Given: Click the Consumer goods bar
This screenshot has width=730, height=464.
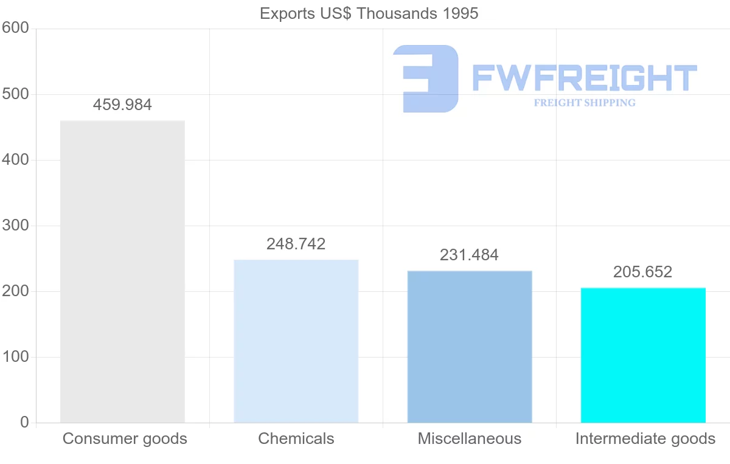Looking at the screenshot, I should click(122, 271).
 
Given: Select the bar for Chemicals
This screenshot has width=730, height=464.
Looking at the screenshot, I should click(296, 341).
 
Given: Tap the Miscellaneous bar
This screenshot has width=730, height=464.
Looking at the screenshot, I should click(469, 346).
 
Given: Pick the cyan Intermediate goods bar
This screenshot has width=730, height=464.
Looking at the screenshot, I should click(643, 355).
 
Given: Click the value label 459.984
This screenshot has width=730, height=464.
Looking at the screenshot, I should click(122, 105).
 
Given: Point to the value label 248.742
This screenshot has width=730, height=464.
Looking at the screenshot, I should click(296, 244).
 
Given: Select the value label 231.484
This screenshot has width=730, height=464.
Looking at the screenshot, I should click(469, 255).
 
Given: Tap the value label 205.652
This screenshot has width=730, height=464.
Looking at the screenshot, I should click(642, 272).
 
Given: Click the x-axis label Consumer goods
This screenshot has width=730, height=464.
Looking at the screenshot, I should click(125, 438).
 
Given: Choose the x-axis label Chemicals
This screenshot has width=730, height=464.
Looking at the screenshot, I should click(296, 438).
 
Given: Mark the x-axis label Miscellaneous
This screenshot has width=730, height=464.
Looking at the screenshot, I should click(469, 438).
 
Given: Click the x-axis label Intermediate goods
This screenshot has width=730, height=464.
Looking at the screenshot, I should click(645, 438).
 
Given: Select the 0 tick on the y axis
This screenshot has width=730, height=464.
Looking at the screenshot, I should click(24, 422).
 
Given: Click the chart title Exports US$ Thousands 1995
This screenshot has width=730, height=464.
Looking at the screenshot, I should click(369, 13).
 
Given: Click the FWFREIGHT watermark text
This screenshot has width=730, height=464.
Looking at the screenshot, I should click(584, 78).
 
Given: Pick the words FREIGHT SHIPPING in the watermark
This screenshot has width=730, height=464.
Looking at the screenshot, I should click(584, 103).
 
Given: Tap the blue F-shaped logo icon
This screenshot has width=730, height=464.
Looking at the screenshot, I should click(426, 78).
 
